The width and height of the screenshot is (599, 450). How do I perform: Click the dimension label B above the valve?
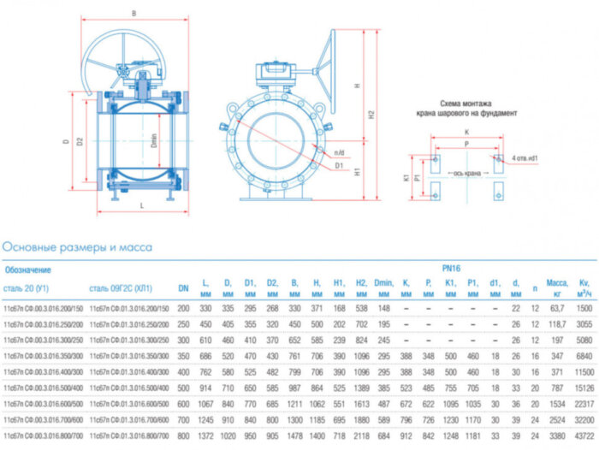133,13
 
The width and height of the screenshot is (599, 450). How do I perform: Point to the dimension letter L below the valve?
141,206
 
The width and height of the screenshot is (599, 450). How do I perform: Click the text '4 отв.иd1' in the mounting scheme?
531,158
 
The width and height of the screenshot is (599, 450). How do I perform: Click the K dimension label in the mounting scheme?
466,133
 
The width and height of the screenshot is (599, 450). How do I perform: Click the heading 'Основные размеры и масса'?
77,247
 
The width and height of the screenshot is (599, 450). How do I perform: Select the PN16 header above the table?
452,268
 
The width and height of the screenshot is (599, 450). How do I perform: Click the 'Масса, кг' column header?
557,287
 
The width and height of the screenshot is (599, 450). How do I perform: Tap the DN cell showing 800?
183,435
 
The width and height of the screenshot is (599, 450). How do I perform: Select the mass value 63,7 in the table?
557,307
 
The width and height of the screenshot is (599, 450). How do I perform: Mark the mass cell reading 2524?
557,420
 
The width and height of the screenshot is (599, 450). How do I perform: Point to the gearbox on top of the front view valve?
276,73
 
